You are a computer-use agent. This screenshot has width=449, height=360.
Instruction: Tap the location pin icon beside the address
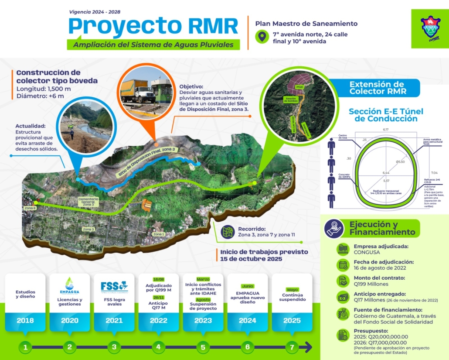click(x=262, y=37)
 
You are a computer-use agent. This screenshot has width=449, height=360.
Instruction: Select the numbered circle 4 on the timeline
click(x=158, y=347)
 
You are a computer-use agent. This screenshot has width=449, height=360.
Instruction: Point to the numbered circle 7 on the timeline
click(x=292, y=347)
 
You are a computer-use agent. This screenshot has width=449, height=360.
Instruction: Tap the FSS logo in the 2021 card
click(x=114, y=286)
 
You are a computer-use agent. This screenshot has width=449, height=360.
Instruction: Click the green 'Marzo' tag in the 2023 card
click(x=203, y=279)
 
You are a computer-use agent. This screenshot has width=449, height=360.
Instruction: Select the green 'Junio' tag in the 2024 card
click(x=247, y=286)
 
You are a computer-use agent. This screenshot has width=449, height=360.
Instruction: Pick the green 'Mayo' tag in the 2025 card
click(x=292, y=289)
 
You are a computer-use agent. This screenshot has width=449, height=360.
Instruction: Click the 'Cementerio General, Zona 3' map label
click(x=88, y=202)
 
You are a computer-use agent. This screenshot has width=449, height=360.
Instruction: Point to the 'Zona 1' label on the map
click(x=159, y=234)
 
